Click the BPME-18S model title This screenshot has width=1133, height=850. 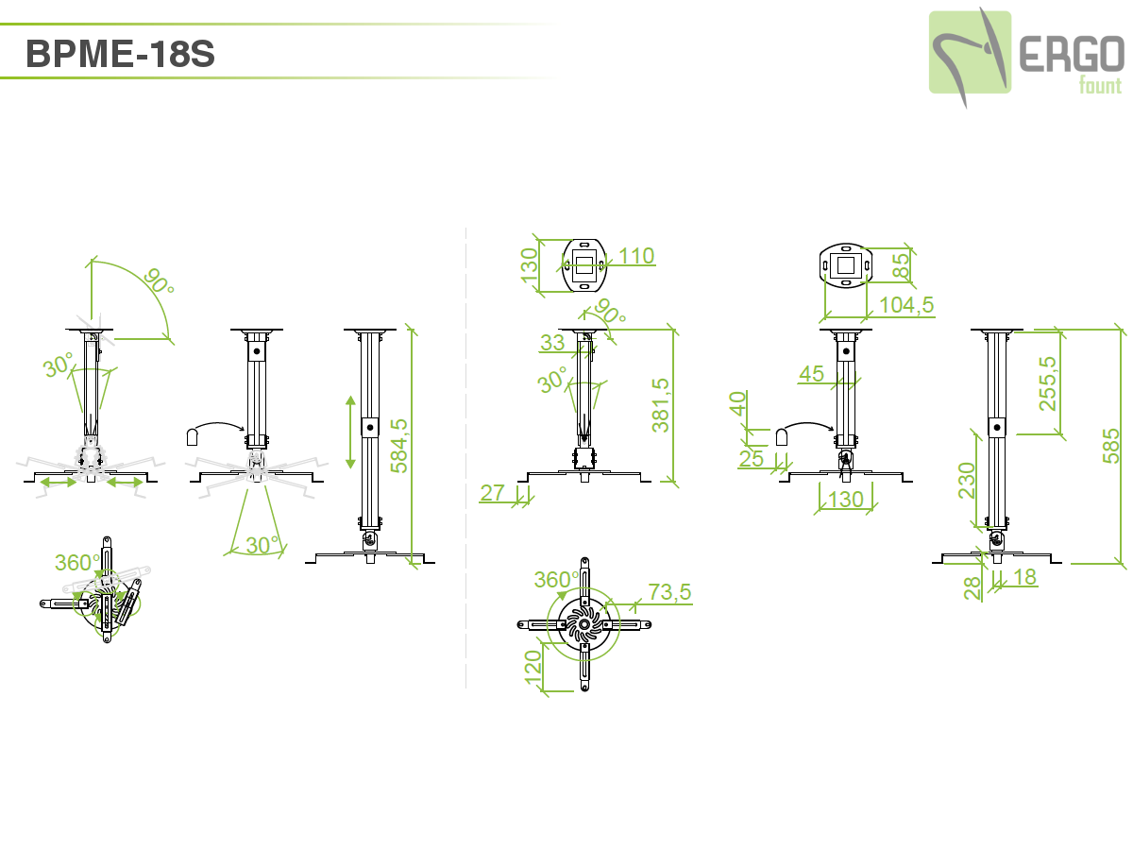(x=120, y=54)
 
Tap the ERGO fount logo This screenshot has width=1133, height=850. (x=1026, y=57)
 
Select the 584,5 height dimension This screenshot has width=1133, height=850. (x=399, y=446)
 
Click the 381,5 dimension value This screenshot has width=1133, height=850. (x=661, y=405)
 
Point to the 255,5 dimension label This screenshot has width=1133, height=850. (x=1048, y=383)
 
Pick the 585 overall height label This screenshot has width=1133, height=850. (x=1110, y=446)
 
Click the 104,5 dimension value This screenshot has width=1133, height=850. (x=906, y=305)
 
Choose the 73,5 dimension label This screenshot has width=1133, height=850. (x=669, y=592)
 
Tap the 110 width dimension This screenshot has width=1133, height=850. (x=636, y=256)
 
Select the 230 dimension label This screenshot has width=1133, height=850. (x=967, y=481)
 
